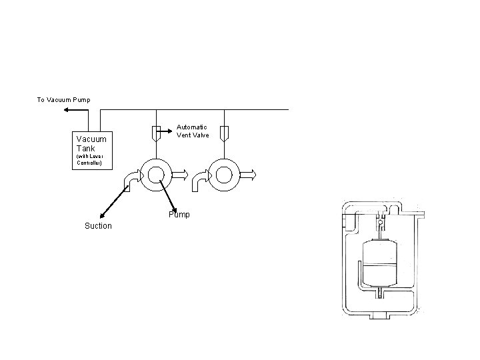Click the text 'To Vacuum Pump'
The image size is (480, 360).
point(63,99)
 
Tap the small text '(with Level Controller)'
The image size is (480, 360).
point(89,159)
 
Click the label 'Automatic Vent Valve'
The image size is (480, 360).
point(193,131)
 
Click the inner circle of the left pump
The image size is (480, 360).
point(155,175)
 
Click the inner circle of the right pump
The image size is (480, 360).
point(224,175)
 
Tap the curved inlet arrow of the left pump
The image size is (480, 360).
point(131,179)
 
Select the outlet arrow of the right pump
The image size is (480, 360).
point(247,175)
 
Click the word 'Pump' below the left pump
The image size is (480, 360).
point(179,215)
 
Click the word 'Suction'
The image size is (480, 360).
point(98,226)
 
